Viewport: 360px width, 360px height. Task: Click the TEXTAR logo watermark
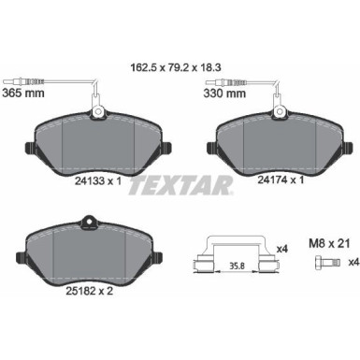pyautogui.click(x=180, y=186)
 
